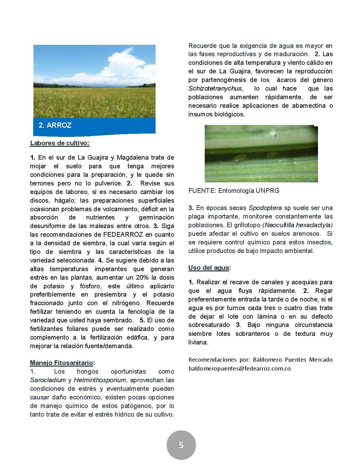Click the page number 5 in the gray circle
pyautogui.click(x=181, y=445)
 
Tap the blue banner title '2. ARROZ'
pyautogui.click(x=55, y=125)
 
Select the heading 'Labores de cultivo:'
pyautogui.click(x=60, y=143)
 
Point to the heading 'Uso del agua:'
pyautogui.click(x=210, y=268)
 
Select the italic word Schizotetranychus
pyautogui.click(x=215, y=89)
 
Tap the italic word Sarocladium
pyautogui.click(x=48, y=380)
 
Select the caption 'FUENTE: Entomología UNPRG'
pyautogui.click(x=234, y=191)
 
